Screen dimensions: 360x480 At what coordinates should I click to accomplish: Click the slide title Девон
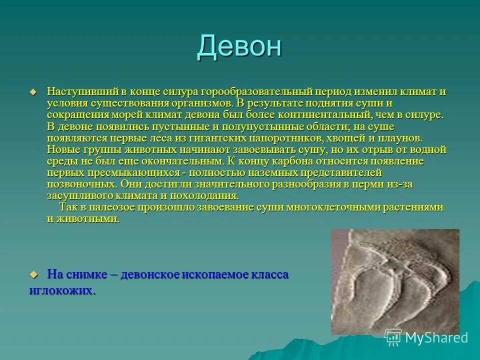click(239, 46)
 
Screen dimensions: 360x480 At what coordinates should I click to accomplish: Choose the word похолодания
click(205, 195)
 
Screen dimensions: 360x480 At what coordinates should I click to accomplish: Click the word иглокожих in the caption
click(60, 290)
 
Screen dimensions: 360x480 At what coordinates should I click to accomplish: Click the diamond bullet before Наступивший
click(34, 92)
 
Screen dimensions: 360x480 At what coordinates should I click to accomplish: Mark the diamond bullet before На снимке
click(34, 275)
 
